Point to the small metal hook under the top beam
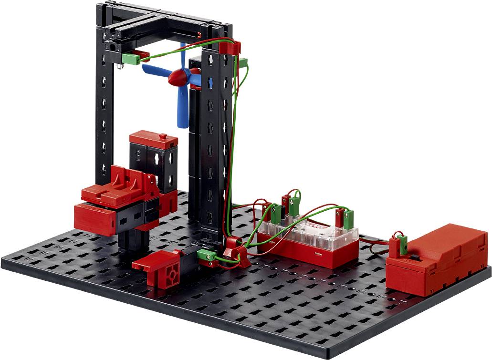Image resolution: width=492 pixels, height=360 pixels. pos(119,66)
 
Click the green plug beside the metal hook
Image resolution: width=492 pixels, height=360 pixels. pos(130,59)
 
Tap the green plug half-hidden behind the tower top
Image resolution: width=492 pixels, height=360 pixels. pos(243,62)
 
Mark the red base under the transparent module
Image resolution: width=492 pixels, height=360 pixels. pos(308,253)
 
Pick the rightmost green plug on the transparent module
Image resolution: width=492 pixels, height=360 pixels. pos(349,219)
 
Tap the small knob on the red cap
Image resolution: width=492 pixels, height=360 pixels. pos(163,136)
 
